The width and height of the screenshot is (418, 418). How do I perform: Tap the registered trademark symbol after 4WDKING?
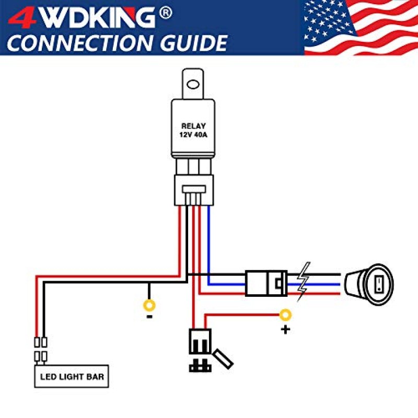(x=166, y=13)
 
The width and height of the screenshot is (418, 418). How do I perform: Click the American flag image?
(x=361, y=27)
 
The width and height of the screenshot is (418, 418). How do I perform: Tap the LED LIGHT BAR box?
(x=71, y=376)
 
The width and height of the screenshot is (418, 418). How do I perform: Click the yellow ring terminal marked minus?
(x=149, y=305)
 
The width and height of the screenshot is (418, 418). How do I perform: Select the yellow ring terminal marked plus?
(x=285, y=315)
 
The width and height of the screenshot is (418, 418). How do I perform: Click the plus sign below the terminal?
(x=285, y=330)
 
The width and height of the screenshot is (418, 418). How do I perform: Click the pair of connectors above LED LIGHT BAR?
(x=41, y=350)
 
